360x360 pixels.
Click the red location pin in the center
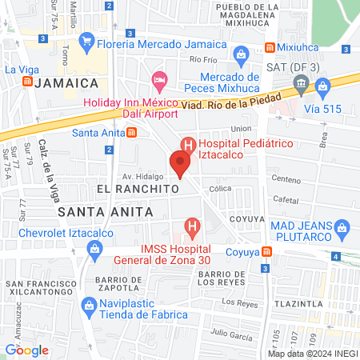[x=181, y=164]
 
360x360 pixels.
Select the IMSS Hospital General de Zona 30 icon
[x=191, y=228]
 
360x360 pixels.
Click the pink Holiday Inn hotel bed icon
[x=159, y=78]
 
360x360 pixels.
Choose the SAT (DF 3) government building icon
[x=301, y=82]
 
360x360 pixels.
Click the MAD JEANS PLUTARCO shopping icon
[x=342, y=229]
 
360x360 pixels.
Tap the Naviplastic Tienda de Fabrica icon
[x=89, y=305]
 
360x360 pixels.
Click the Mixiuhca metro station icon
[x=271, y=48]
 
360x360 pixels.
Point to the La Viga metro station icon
[x=28, y=81]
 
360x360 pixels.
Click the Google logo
[x=27, y=350]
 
